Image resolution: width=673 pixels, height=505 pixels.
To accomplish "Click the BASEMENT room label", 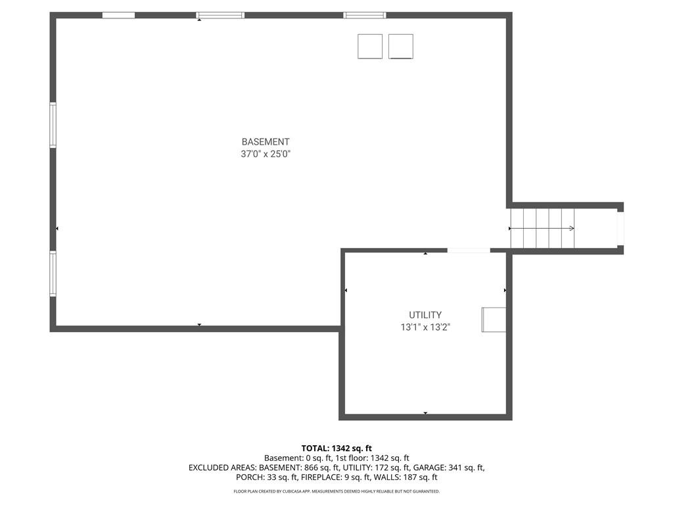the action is (266, 142).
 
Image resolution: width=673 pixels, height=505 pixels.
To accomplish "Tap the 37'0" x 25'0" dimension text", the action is (266, 154).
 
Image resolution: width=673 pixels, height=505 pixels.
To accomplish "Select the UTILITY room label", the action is (425, 315).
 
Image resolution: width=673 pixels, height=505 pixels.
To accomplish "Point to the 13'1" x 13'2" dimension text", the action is (425, 327).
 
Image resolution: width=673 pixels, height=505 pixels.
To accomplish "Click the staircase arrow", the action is (542, 228).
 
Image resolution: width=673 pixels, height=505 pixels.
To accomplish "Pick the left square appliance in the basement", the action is (370, 47).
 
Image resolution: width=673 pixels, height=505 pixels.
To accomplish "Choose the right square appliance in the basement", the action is (401, 47).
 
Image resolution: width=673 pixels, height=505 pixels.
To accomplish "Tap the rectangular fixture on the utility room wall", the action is (494, 320).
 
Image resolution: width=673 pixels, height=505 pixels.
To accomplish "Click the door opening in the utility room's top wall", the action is (469, 251).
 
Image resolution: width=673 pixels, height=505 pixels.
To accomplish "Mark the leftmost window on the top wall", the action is (118, 16).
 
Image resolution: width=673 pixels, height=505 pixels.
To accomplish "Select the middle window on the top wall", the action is (221, 16).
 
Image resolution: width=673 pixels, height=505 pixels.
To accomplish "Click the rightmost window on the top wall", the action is (365, 16).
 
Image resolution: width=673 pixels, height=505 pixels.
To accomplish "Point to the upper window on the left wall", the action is (53, 125).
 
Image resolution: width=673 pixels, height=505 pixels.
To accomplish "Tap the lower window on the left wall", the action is (53, 274).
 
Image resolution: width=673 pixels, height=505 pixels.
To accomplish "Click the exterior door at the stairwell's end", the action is (620, 228).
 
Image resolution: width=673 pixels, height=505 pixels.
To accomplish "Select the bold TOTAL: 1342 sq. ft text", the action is (336, 448).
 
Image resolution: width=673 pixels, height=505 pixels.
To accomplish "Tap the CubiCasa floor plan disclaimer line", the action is (336, 491).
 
